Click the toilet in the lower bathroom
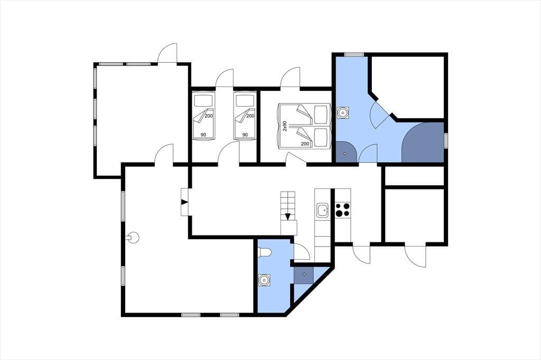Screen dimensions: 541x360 click(265, 253)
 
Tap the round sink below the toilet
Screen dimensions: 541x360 click(264, 280)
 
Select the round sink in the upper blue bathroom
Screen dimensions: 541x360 click(342, 112)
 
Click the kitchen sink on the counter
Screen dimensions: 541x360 click(322, 210)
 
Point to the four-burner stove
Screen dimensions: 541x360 click(342, 210)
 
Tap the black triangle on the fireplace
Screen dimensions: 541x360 click(185, 202)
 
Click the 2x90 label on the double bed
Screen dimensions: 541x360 click(285, 126)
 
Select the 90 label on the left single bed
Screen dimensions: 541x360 click(203, 135)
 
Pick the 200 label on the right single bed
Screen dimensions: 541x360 click(250, 116)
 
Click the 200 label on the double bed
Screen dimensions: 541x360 click(305, 144)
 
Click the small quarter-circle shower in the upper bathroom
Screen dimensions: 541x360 click(346, 152)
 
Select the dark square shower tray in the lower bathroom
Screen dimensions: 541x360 click(304, 274)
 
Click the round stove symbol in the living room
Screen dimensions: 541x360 click(133, 237)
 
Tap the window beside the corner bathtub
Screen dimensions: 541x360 click(446, 141)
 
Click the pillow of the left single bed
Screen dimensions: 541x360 click(203, 101)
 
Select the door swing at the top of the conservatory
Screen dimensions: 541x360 click(167, 53)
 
